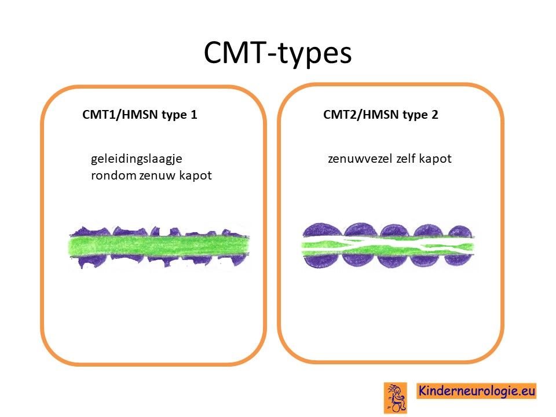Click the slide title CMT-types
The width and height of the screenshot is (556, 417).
coord(277,53)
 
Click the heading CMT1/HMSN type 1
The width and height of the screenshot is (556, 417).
coord(140,115)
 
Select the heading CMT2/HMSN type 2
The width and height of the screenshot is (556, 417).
coord(381,115)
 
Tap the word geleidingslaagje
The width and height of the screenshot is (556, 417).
coord(137,159)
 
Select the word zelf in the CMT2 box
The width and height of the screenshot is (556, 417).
coord(405,159)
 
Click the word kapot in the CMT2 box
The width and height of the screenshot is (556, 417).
coord(435,159)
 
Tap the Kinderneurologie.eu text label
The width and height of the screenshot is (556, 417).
coord(476,391)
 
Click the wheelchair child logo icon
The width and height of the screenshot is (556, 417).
coord(396,398)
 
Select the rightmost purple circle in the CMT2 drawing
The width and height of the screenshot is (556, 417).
coord(459,246)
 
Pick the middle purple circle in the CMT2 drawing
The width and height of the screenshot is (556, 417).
coord(394,246)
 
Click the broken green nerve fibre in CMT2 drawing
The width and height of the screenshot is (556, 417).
coord(388,246)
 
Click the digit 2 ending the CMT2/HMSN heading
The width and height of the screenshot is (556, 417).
coord(435,115)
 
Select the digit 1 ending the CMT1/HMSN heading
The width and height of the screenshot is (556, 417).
coord(194,115)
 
